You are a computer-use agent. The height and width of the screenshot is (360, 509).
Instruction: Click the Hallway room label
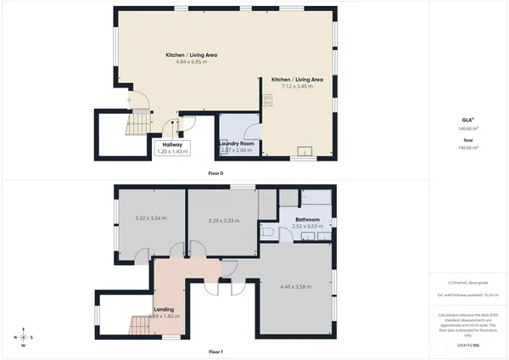(173, 144)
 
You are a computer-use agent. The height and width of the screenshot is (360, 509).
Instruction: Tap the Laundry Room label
(237, 143)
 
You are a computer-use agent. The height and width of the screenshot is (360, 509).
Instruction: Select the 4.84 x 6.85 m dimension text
(192, 62)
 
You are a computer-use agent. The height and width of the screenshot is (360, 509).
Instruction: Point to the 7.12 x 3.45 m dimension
(297, 87)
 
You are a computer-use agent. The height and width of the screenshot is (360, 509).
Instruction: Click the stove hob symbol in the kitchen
(267, 99)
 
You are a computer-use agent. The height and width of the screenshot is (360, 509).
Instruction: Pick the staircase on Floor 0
(136, 127)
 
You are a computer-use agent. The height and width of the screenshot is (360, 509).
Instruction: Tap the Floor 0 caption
(215, 173)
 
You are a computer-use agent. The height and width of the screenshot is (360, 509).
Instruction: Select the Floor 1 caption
(215, 352)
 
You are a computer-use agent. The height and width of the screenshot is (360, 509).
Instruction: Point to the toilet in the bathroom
(268, 230)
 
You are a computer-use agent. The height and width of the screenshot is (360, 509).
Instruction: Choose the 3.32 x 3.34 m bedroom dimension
(150, 220)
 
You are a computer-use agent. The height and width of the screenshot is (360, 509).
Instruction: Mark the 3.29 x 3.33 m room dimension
(223, 221)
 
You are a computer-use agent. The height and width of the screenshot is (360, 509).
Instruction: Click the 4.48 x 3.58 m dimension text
(296, 287)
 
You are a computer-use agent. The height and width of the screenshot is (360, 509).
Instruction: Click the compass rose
(23, 337)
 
